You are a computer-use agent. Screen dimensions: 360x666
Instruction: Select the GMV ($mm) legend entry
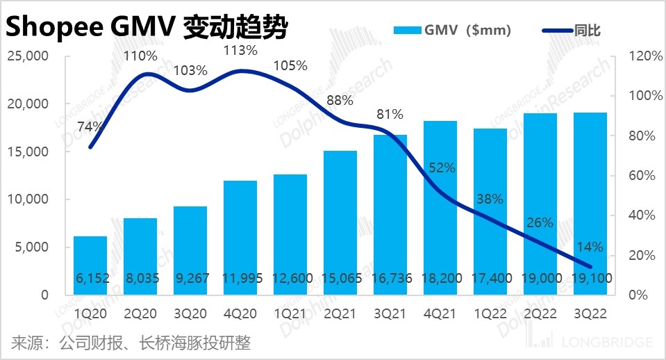tap(451, 30)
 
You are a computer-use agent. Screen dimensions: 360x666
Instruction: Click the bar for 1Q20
tap(90, 265)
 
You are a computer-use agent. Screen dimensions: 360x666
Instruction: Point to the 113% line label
tap(241, 50)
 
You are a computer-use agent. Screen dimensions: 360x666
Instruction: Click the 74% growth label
tap(90, 126)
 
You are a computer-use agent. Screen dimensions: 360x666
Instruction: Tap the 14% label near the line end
tap(590, 246)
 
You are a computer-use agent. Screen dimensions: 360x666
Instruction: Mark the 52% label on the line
tap(440, 167)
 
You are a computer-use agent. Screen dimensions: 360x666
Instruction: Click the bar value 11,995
tap(241, 278)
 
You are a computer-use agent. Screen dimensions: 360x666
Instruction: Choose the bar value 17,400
tap(490, 278)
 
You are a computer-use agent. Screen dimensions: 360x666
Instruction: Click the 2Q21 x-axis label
tap(340, 313)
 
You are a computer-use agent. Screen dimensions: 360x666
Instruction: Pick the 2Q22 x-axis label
tap(540, 313)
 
